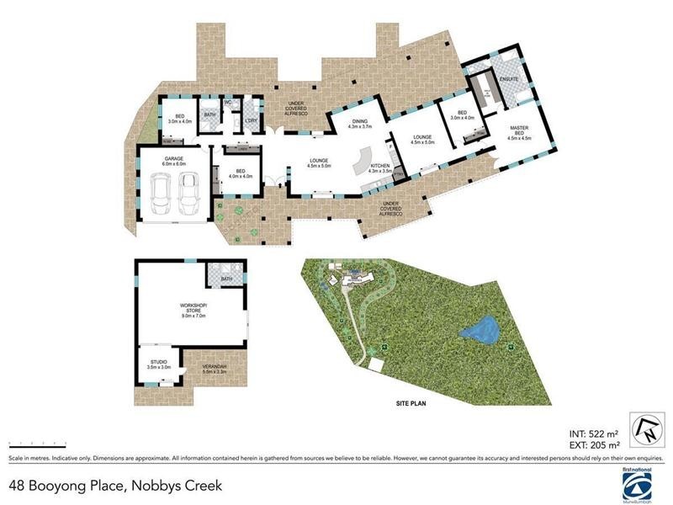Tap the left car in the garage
click(x=160, y=194)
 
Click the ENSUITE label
click(x=507, y=79)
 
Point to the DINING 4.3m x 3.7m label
click(x=360, y=125)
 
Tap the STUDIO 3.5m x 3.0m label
click(x=159, y=365)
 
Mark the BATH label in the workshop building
click(x=226, y=279)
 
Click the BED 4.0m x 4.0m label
click(x=241, y=173)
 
